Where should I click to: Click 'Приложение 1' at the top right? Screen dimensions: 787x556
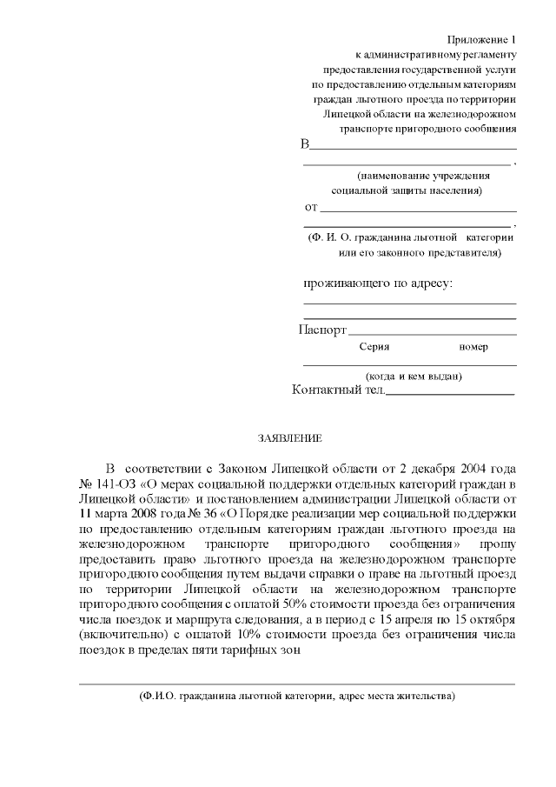(x=481, y=39)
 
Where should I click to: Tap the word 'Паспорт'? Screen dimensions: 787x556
(x=322, y=330)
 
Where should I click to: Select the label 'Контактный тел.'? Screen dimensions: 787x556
(x=338, y=390)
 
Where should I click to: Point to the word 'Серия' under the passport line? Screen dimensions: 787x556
(x=374, y=347)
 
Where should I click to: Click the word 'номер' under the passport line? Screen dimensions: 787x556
(x=473, y=347)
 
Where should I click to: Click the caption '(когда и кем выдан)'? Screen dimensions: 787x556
(x=413, y=376)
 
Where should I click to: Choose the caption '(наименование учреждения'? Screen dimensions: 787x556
(x=409, y=175)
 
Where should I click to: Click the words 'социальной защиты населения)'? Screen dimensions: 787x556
(x=407, y=190)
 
